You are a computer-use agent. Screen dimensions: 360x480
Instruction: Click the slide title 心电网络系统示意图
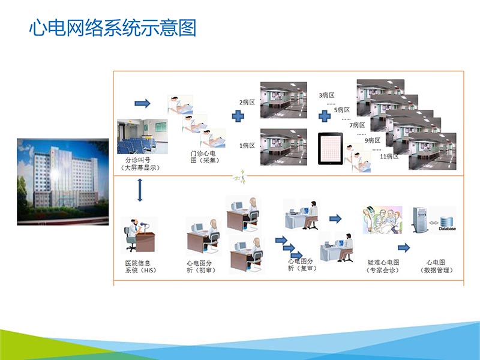click(113, 28)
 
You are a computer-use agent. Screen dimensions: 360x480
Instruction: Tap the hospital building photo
click(62, 181)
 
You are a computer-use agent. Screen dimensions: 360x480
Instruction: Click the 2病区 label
click(247, 102)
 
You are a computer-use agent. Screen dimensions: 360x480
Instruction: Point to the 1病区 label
click(247, 146)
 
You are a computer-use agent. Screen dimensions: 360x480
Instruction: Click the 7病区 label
click(358, 125)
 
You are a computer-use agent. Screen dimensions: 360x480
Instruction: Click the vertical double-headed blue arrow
click(140, 190)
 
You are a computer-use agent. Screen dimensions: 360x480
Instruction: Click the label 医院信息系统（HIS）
click(137, 266)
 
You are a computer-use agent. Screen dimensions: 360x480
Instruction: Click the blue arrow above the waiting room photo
click(142, 104)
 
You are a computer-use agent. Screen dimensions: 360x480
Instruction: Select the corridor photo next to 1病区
click(283, 146)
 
